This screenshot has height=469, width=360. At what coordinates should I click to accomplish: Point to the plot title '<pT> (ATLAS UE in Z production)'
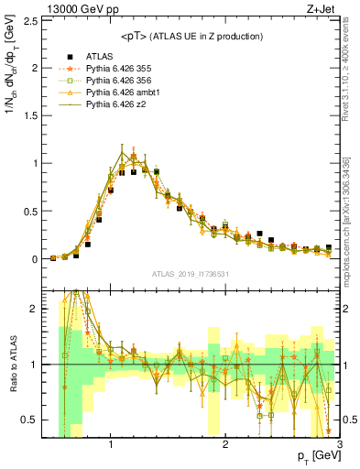point(191,37)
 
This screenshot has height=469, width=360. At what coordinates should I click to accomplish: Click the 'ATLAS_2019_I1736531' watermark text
point(191,274)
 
